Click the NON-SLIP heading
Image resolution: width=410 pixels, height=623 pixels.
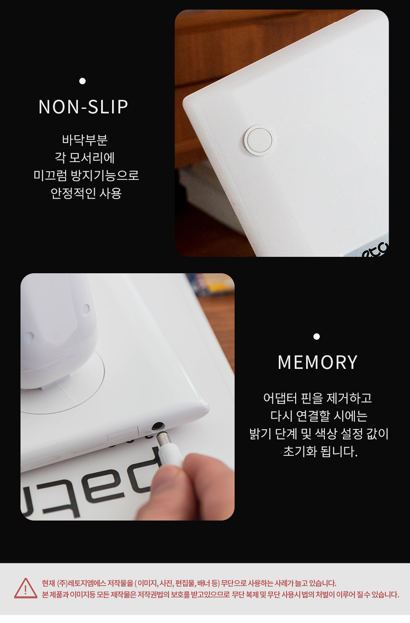click(83, 107)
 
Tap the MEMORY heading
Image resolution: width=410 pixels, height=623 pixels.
click(318, 362)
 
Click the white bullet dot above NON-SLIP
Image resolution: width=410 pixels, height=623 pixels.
click(82, 81)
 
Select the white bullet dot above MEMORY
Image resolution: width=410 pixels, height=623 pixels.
click(317, 337)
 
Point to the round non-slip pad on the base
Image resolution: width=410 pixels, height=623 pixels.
click(259, 140)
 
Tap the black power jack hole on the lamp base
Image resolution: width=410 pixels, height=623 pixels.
click(158, 426)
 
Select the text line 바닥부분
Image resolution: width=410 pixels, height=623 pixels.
click(85, 140)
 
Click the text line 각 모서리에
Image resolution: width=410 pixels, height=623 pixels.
click(85, 158)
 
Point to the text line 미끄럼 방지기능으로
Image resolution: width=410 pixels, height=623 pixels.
click(86, 175)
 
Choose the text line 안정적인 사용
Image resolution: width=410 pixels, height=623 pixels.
click(86, 193)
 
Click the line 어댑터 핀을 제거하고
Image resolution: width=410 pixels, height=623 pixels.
click(318, 398)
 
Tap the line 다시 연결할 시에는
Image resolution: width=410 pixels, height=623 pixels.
click(319, 416)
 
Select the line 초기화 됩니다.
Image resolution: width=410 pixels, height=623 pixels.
click(320, 451)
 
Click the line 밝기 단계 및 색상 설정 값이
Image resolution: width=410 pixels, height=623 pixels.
click(319, 434)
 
